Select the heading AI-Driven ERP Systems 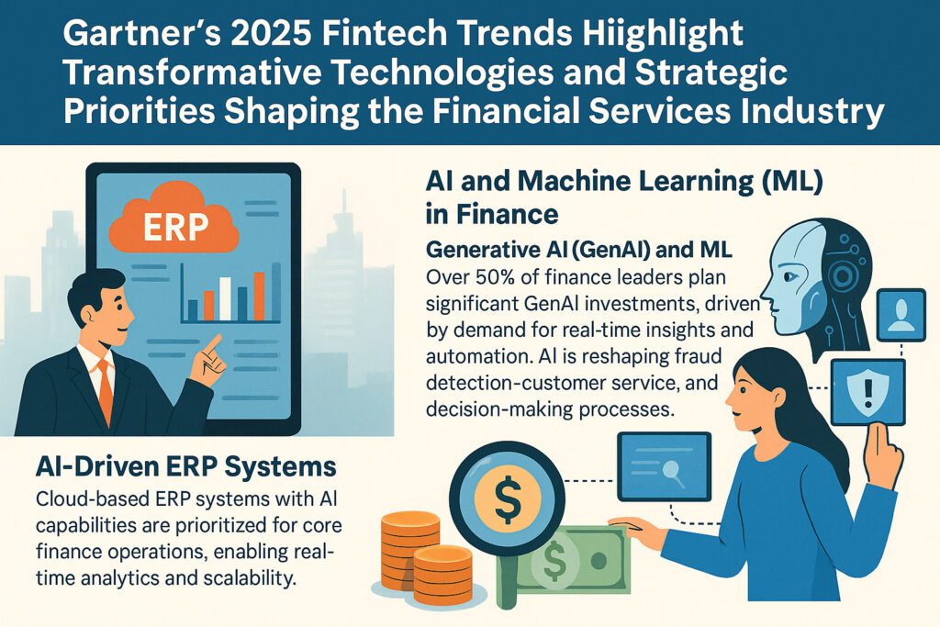pyautogui.click(x=173, y=465)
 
